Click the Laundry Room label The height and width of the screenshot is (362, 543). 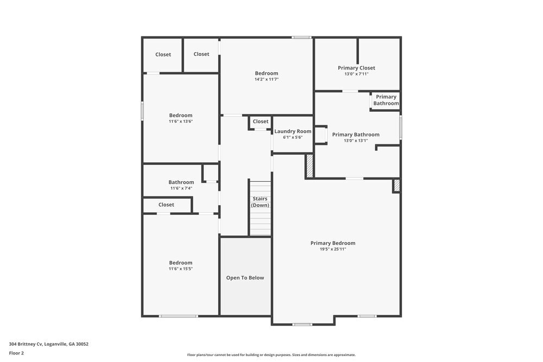coord(293,131)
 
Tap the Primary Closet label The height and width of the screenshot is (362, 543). coord(356,68)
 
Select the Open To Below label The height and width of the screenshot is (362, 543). coord(245,278)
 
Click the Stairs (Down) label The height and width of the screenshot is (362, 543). coord(260,202)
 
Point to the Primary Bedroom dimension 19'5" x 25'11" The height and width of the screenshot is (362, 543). coord(333,249)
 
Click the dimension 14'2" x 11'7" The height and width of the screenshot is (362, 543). coord(267,79)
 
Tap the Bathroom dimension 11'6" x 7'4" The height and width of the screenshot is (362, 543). coord(181,188)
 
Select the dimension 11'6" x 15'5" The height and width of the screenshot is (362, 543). coord(181,269)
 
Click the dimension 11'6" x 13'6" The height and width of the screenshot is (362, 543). coord(181,121)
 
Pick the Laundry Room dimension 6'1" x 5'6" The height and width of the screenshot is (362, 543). coord(293,137)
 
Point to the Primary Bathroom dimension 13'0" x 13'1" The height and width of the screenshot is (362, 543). coord(356,141)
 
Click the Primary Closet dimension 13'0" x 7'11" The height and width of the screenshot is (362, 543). coord(356,74)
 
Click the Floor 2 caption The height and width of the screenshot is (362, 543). coord(16,353)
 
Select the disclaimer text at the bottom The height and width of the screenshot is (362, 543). coord(271,355)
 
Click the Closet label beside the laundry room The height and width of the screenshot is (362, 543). coord(260,122)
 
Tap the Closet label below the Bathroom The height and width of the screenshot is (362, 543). coord(166,205)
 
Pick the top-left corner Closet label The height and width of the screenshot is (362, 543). coord(163,54)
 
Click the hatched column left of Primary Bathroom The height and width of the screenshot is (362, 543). coord(310,166)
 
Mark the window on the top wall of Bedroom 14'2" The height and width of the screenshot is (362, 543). coord(301,37)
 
